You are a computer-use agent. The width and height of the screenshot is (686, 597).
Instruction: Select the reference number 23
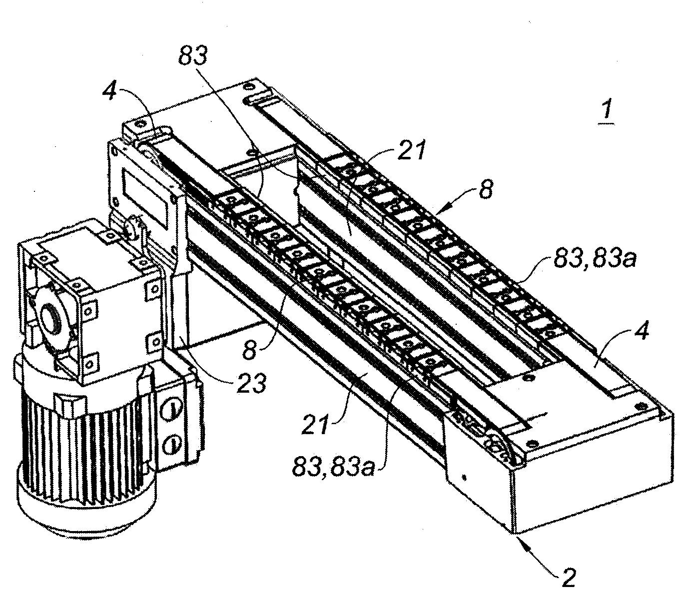tap(251, 383)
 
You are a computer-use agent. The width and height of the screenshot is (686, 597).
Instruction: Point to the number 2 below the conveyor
tap(568, 577)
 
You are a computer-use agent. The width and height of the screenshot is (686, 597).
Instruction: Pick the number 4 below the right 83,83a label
tap(642, 331)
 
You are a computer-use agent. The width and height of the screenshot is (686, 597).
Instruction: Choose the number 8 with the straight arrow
tap(486, 189)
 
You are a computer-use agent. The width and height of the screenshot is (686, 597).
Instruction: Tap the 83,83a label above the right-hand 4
tap(595, 259)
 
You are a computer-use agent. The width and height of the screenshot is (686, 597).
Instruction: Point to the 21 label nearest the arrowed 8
tap(411, 150)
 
